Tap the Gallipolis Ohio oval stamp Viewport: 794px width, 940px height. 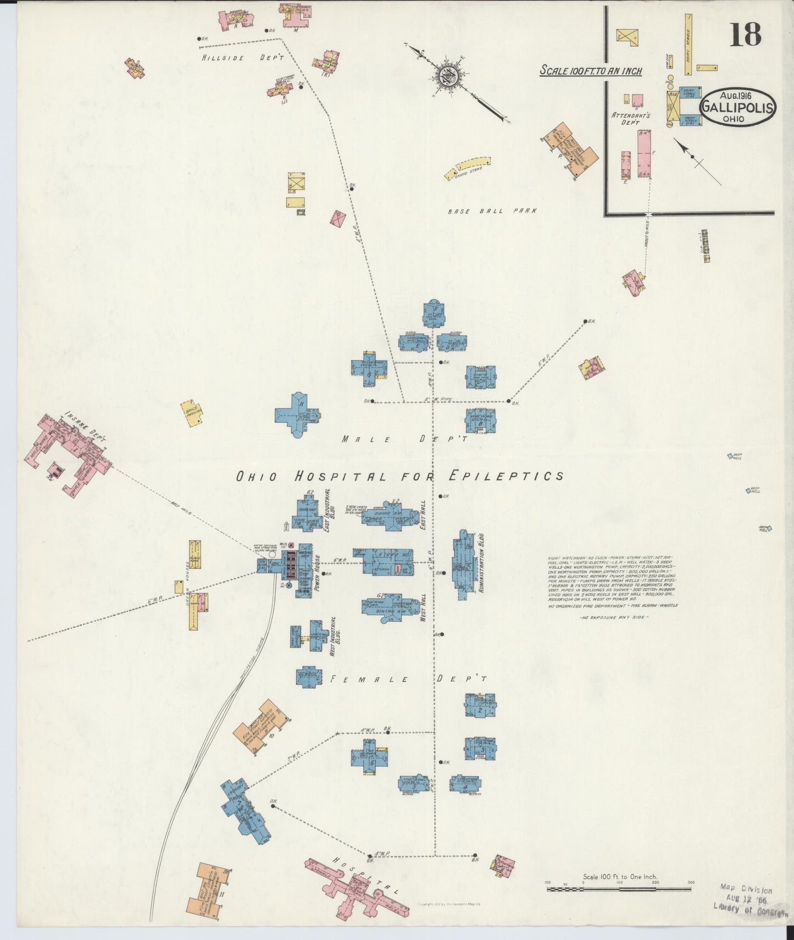(x=737, y=107)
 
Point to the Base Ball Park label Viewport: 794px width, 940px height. (x=491, y=211)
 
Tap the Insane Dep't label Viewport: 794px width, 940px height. (x=85, y=426)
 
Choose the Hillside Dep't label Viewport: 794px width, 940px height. (x=242, y=57)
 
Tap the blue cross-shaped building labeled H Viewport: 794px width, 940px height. (x=297, y=415)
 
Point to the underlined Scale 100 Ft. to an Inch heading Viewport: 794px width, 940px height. (x=591, y=70)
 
